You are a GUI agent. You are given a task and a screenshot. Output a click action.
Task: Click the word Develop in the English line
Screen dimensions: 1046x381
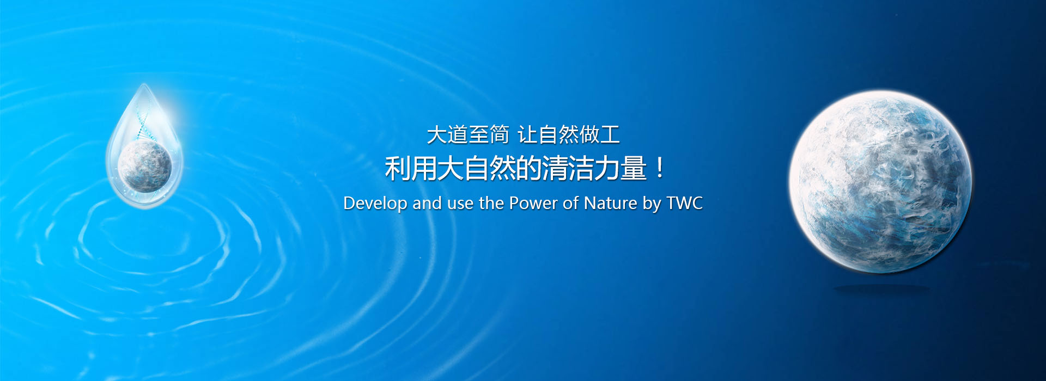coord(375,204)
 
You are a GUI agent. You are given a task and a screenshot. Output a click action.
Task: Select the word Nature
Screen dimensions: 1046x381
coord(610,203)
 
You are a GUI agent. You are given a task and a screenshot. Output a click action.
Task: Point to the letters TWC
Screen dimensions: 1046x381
coord(685,203)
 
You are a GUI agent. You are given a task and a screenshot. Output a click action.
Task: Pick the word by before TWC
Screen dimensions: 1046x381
coord(652,204)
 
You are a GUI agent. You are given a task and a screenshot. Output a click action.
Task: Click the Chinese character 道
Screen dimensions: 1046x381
coord(458,134)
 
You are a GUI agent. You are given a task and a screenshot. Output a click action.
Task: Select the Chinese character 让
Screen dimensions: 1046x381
coord(527,134)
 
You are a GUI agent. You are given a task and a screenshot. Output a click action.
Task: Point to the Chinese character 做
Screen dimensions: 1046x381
coord(589,134)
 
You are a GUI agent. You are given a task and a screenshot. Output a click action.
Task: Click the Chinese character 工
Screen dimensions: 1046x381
coord(610,134)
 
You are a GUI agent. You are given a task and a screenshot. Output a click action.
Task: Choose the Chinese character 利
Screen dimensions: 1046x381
coord(398,168)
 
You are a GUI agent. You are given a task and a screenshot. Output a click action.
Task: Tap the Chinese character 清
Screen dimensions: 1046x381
coord(555,168)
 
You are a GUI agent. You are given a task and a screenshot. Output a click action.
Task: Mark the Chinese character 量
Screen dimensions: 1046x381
coord(634,168)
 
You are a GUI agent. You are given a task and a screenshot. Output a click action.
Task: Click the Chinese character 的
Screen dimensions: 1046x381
coord(528,168)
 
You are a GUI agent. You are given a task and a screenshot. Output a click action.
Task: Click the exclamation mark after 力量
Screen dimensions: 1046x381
coord(660,168)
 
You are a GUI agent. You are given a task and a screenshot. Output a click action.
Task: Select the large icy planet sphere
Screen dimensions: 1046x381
coord(880,182)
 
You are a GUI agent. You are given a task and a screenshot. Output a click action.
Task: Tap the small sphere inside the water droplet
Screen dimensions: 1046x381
coord(145,165)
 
